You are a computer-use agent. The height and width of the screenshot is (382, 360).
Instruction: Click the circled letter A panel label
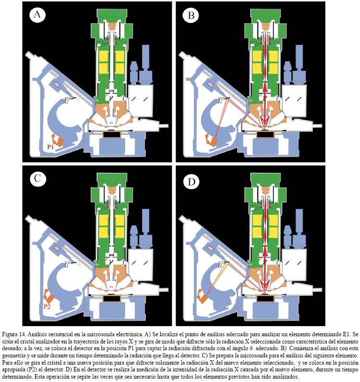38,15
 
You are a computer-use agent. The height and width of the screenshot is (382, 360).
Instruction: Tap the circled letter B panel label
191,15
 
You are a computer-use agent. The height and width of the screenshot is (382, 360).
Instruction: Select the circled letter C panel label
38,179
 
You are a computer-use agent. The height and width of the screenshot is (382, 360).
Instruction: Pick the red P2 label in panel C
48,306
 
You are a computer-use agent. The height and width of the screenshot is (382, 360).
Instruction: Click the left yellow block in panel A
103,60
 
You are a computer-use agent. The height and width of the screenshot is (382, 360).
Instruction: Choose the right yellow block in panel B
272,60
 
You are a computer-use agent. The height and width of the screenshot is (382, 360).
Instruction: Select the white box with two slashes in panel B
296,99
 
